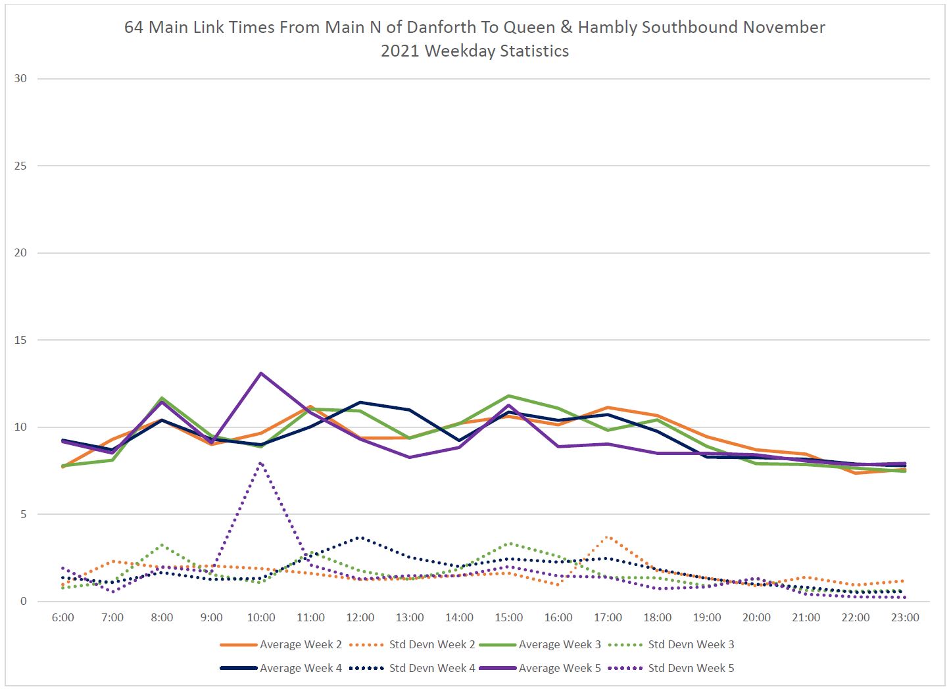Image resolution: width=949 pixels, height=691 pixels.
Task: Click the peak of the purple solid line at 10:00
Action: tap(261, 373)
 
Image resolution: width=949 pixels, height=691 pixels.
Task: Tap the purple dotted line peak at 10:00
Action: tap(261, 463)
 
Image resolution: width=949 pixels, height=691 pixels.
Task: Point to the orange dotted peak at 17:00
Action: tap(608, 537)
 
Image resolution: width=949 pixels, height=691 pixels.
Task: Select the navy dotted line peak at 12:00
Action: tap(360, 537)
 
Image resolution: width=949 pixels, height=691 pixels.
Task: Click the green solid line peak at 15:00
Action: tap(508, 396)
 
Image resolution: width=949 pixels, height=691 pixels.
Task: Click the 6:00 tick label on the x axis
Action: tap(62, 618)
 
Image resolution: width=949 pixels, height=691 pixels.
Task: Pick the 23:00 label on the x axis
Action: tap(905, 618)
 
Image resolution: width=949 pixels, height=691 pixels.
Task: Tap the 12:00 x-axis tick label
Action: tap(360, 618)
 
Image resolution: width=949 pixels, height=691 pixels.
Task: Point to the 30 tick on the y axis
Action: tap(20, 79)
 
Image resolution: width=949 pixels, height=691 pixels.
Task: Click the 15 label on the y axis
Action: tap(20, 340)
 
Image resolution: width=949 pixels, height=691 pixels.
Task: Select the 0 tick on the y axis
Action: tap(24, 602)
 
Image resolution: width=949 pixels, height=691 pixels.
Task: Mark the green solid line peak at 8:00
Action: tap(162, 398)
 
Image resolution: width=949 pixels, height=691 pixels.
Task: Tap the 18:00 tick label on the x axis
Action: tap(657, 618)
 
